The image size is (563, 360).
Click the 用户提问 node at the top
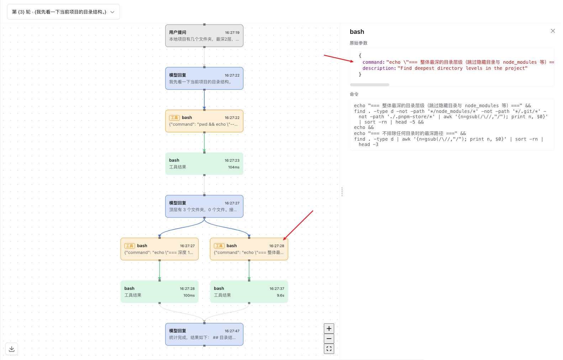204,36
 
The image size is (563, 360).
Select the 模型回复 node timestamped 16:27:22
204,78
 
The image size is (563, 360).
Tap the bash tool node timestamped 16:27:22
204,121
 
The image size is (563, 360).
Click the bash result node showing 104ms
204,164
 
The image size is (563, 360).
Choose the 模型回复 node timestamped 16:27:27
204,206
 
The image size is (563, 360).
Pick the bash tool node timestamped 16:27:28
249,249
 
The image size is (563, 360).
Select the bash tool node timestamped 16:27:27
159,249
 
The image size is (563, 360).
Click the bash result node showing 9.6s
249,292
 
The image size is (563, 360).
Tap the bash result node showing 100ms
159,292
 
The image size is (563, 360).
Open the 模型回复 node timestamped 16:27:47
204,334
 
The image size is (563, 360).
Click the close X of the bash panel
553,31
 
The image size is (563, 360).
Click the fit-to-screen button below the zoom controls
329,349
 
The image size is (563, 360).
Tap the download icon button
11,349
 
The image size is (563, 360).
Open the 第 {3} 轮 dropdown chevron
112,12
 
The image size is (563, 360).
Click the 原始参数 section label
358,43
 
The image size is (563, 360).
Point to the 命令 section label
354,94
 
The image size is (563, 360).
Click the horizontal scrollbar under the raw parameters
369,85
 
